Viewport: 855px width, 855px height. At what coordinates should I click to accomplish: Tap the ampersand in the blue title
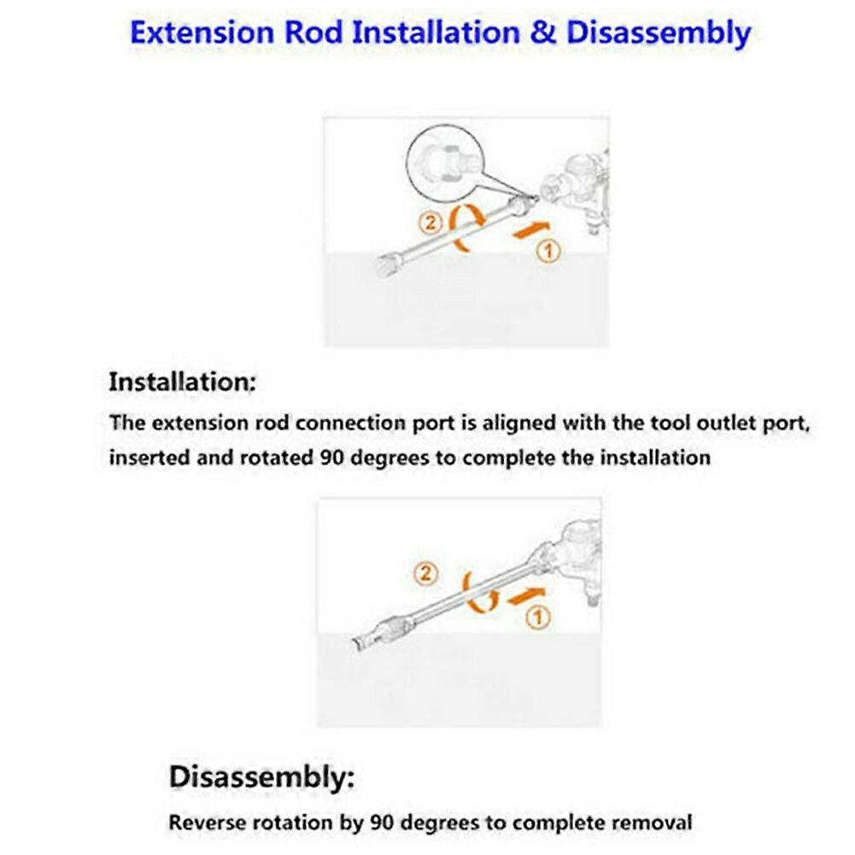(x=542, y=33)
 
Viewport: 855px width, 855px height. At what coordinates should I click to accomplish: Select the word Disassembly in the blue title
(x=658, y=34)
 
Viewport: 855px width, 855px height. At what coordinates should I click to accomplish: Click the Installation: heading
(x=182, y=382)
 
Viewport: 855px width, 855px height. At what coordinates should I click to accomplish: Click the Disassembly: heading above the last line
(x=261, y=778)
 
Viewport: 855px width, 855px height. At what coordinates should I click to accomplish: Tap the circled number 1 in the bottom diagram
(x=538, y=618)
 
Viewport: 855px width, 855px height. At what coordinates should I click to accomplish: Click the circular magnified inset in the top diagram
(x=444, y=161)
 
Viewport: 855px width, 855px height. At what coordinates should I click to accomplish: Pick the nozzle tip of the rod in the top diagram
(x=388, y=265)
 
